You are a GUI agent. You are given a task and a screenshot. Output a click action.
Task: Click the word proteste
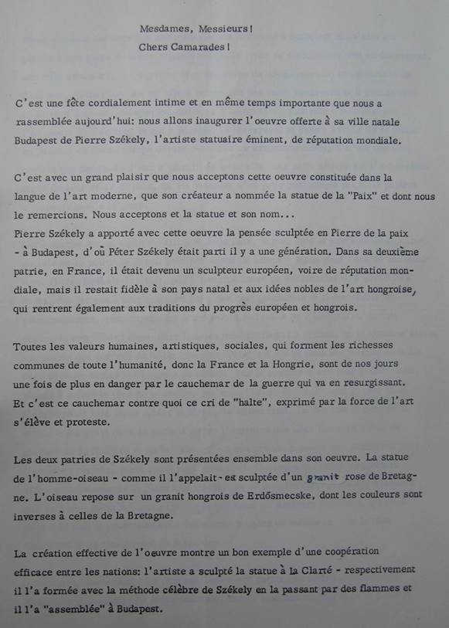tap(88, 421)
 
